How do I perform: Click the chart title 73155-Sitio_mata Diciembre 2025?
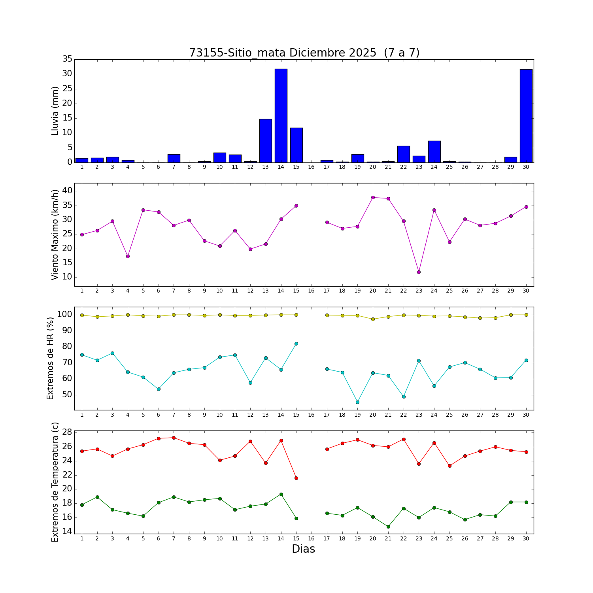pyautogui.click(x=304, y=53)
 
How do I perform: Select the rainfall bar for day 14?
pyautogui.click(x=281, y=115)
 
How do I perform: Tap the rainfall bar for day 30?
pyautogui.click(x=526, y=116)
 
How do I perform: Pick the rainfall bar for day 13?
pyautogui.click(x=266, y=141)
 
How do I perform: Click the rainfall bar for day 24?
pyautogui.click(x=434, y=151)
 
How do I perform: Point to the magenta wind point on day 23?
pyautogui.click(x=419, y=272)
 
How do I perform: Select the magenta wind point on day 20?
pyautogui.click(x=373, y=197)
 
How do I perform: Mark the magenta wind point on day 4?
pyautogui.click(x=128, y=256)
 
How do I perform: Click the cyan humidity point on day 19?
pyautogui.click(x=357, y=402)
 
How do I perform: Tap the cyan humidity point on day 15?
pyautogui.click(x=296, y=344)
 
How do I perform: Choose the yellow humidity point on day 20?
pyautogui.click(x=373, y=319)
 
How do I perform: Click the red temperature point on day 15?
pyautogui.click(x=296, y=478)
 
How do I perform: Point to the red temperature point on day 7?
pyautogui.click(x=174, y=438)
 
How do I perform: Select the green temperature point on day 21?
pyautogui.click(x=388, y=527)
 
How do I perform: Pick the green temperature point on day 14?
pyautogui.click(x=281, y=494)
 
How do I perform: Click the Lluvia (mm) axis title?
pyautogui.click(x=55, y=111)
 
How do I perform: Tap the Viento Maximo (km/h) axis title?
pyautogui.click(x=55, y=234)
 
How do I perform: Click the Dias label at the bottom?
pyautogui.click(x=303, y=549)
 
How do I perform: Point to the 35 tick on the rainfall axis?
pyautogui.click(x=67, y=59)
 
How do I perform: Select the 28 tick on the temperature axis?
pyautogui.click(x=67, y=432)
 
